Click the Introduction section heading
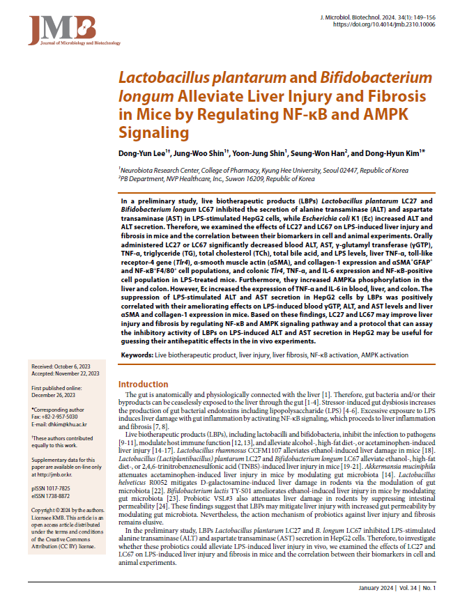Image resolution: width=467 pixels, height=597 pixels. [143, 384]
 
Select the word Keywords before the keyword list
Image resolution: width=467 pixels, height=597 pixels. [137, 355]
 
